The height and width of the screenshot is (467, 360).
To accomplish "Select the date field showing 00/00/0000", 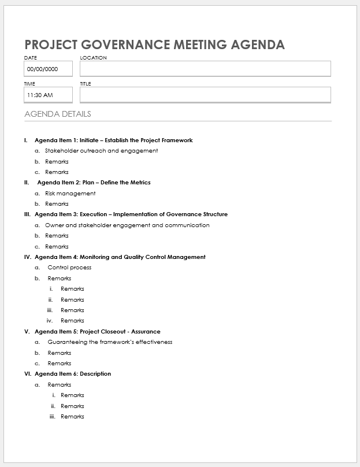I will coord(48,69).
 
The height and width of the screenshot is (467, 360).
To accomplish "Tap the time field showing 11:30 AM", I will coord(48,95).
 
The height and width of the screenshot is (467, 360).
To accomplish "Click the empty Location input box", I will coord(205,69).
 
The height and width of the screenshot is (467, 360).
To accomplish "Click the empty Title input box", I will coord(205,95).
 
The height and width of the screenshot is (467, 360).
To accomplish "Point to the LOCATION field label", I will coord(93,58).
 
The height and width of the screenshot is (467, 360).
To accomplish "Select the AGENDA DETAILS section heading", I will coord(58,114).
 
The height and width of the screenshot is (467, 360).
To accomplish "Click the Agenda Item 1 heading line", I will coord(113,140).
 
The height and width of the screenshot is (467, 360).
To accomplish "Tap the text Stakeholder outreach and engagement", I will coord(101,151).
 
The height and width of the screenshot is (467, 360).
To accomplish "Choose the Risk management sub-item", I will coord(70,193).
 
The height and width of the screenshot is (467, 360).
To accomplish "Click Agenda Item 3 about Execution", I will coord(131,214).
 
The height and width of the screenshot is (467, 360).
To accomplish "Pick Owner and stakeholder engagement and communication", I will coord(127,225).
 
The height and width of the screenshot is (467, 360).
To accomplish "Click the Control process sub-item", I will coord(69,268).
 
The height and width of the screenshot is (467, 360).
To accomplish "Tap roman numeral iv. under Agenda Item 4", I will coord(50,321).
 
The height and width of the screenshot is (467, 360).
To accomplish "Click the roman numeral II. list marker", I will coord(27,183).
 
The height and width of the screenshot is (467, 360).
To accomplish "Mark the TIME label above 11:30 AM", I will coord(29,84).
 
